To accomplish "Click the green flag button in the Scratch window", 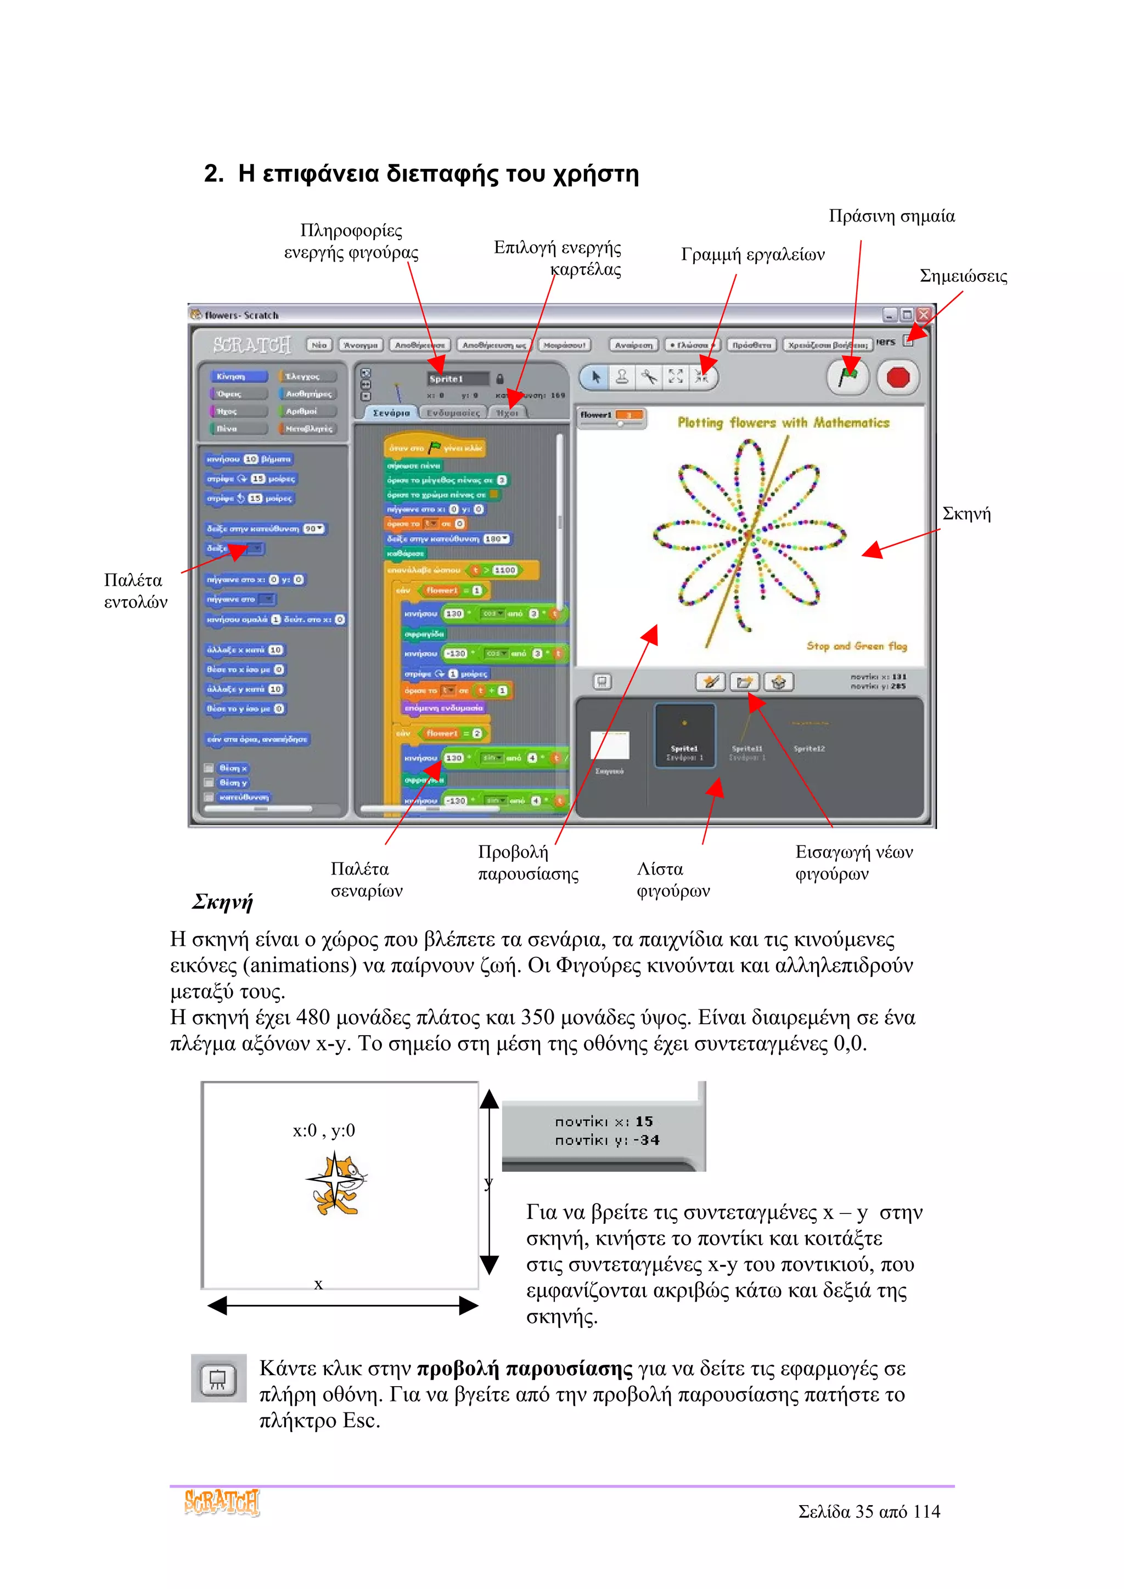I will click(848, 377).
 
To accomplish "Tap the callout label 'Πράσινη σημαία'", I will click(891, 216).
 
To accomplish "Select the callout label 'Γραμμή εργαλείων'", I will click(753, 254).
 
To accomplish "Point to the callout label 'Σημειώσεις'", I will click(963, 276).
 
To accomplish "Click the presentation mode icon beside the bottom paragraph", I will click(218, 1378).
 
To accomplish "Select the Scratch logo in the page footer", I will click(222, 1502).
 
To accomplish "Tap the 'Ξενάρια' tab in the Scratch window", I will click(391, 412).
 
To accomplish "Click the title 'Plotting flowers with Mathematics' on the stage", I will click(783, 422).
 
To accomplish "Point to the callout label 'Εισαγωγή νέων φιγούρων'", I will click(853, 862).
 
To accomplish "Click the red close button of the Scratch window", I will click(924, 315).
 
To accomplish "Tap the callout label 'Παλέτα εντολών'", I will click(135, 591).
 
